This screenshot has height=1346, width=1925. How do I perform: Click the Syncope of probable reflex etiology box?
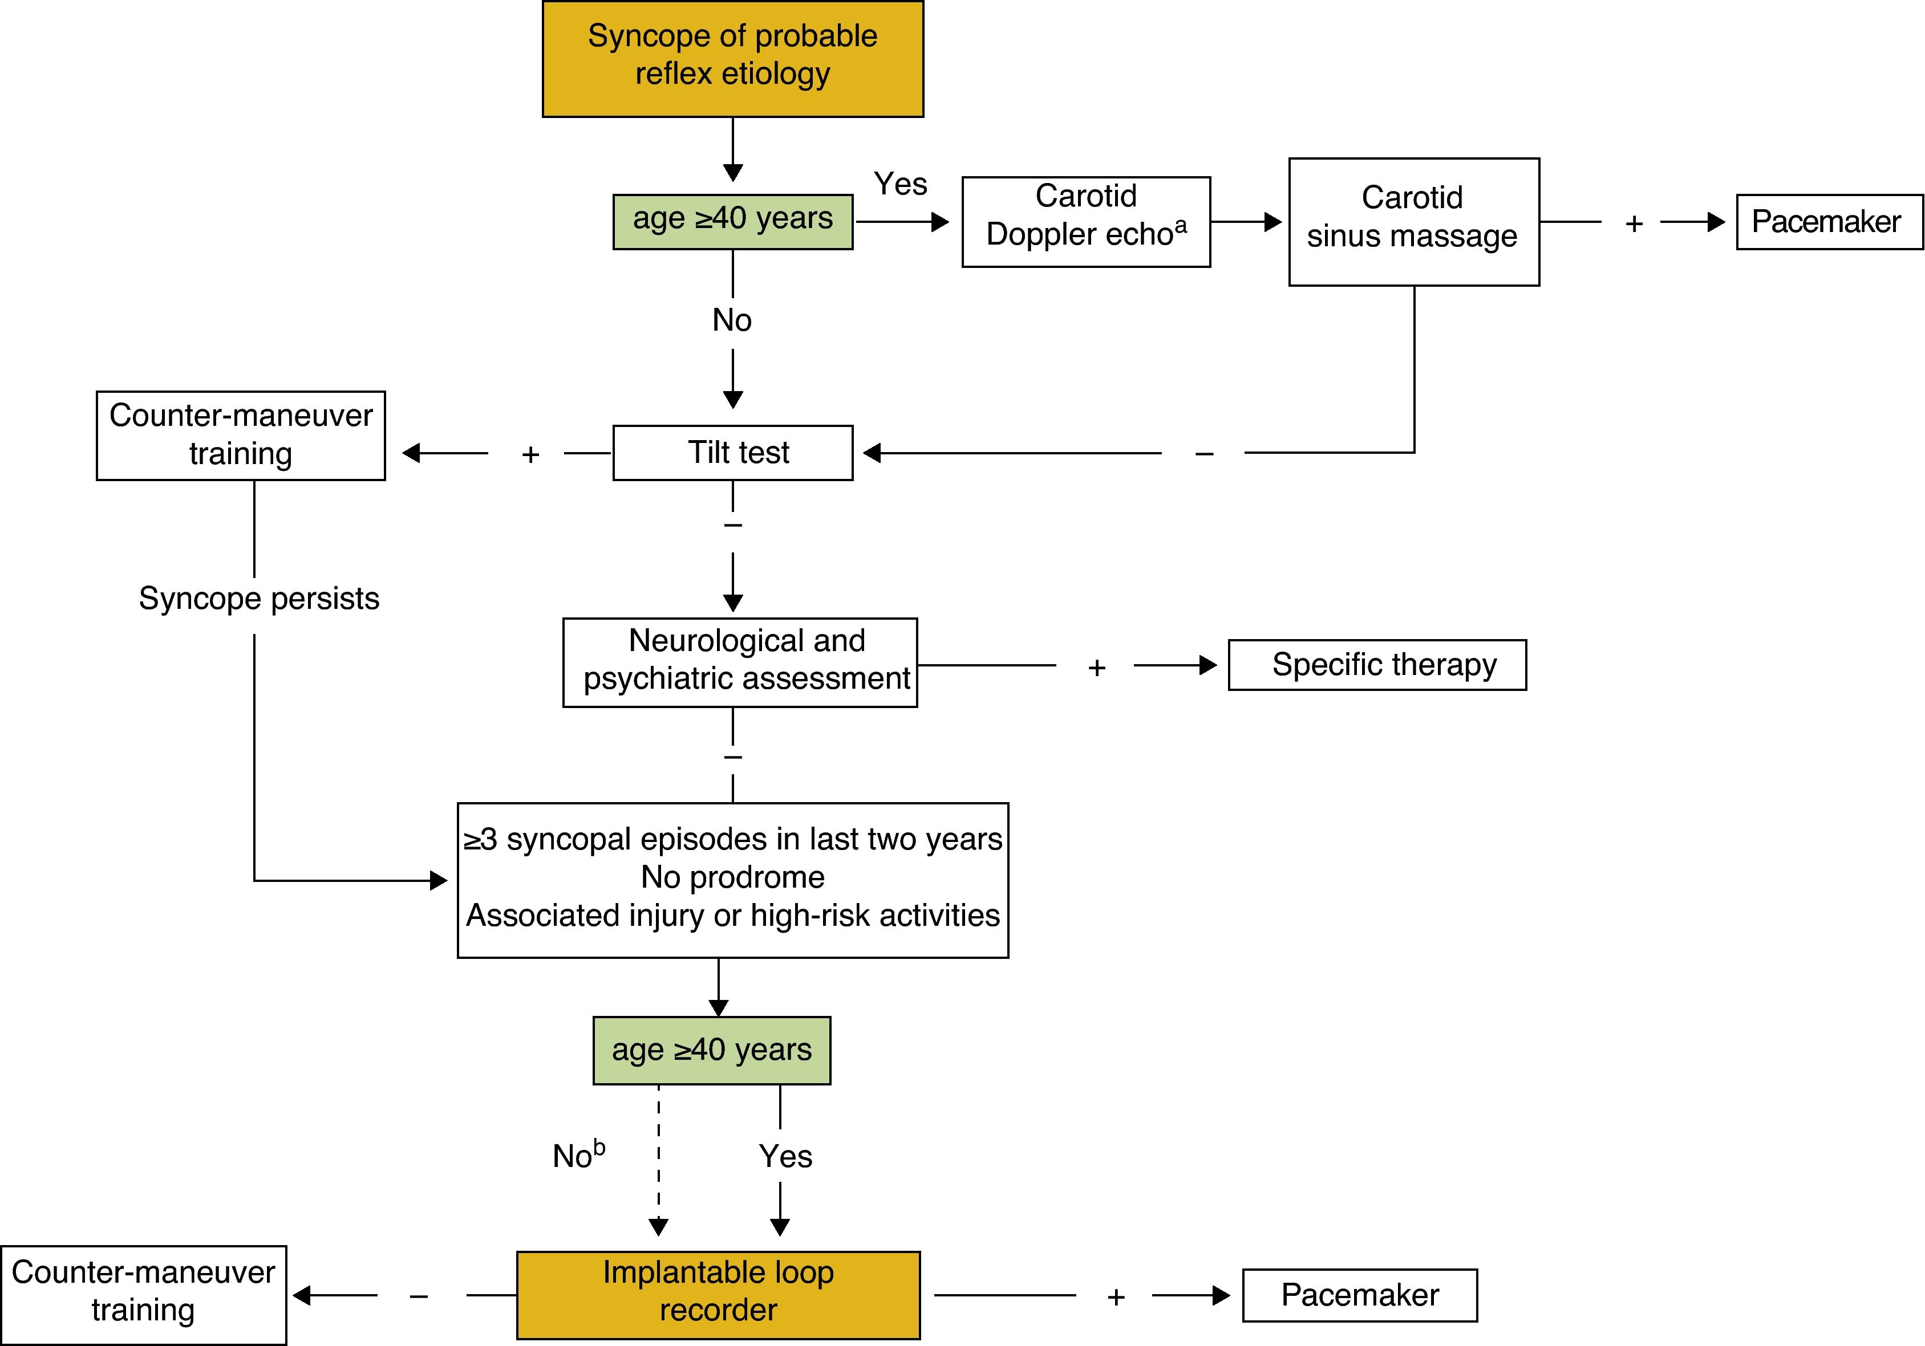[733, 59]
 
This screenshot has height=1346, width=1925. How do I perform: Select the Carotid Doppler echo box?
[1086, 222]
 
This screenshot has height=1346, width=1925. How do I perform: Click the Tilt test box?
[733, 453]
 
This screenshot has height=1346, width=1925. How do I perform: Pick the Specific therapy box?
[1377, 665]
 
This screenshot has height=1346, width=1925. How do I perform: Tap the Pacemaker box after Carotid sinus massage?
[1829, 222]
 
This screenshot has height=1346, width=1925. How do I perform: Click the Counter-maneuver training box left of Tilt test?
[241, 436]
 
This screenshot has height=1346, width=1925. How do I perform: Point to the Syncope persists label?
[259, 599]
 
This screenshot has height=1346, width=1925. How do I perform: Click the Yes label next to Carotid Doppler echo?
[901, 184]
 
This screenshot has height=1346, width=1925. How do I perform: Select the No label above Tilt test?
[732, 320]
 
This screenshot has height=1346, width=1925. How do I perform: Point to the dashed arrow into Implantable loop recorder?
[659, 1161]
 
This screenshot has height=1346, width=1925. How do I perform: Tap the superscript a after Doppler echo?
[1181, 225]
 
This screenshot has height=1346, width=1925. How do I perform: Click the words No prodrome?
[733, 877]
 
